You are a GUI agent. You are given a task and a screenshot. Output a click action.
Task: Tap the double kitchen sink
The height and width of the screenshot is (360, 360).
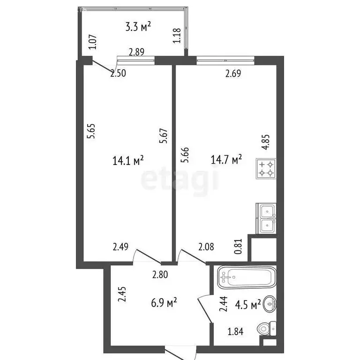click(x=266, y=218)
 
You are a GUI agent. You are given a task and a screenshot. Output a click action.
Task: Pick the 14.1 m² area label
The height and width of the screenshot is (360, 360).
click(x=127, y=161)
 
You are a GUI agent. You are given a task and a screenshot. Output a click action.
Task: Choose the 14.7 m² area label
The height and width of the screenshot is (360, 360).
click(x=226, y=160)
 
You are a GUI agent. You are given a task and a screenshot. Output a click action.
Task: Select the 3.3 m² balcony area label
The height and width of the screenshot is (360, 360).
click(x=138, y=27)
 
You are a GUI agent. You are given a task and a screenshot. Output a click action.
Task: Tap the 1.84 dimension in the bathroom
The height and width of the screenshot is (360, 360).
click(x=235, y=332)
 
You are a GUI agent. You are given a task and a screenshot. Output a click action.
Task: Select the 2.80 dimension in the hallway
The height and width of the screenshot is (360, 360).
click(x=160, y=276)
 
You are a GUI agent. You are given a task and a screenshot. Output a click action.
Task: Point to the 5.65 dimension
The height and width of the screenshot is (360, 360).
click(x=92, y=131)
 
